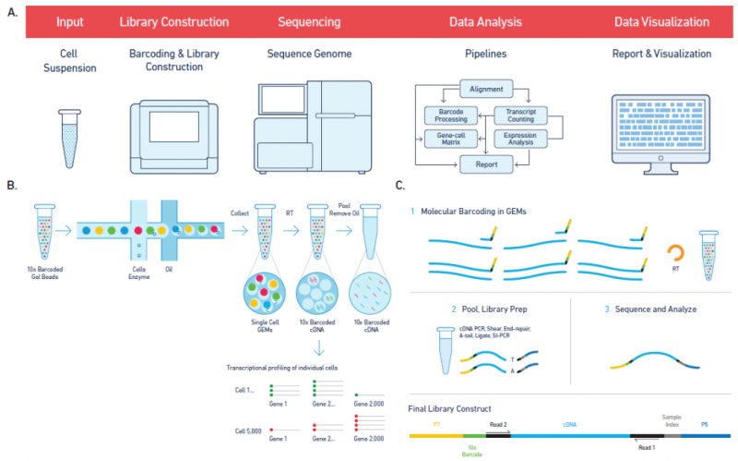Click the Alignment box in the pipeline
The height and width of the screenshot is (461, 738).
(485, 90)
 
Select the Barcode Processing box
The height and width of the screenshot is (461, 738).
(446, 115)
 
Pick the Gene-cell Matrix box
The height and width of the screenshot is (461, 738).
(446, 140)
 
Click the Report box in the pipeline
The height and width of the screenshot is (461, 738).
(485, 165)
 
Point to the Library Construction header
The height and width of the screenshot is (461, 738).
(176, 20)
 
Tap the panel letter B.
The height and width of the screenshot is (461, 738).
(12, 186)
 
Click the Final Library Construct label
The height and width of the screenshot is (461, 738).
(451, 407)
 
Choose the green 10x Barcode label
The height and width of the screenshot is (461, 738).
(472, 452)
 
